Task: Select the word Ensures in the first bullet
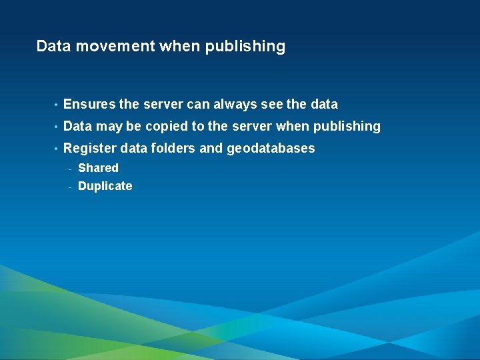point(89,105)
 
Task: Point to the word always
point(233,105)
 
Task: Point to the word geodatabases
point(271,149)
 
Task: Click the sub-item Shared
point(98,168)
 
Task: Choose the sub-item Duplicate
point(105,187)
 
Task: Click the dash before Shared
point(70,168)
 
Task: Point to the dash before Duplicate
point(70,187)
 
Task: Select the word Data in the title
point(52,47)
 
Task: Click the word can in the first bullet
point(198,105)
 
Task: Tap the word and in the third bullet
point(211,149)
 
